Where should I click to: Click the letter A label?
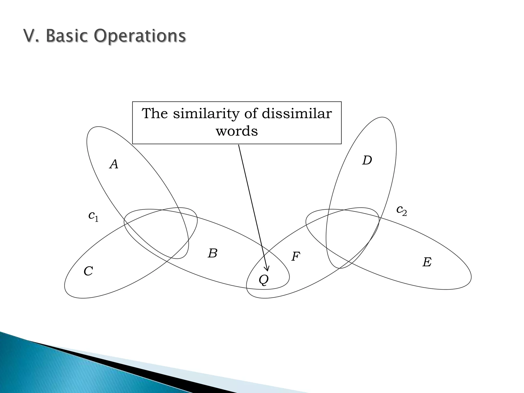tap(114, 164)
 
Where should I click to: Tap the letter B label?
tap(213, 253)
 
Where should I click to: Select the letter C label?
tap(88, 271)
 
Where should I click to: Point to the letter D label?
tap(367, 160)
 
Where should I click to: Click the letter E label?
tap(427, 262)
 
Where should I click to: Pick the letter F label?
tap(296, 256)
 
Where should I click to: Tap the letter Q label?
tap(264, 280)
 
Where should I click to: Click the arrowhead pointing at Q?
tap(267, 269)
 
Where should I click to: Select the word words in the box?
tap(237, 131)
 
